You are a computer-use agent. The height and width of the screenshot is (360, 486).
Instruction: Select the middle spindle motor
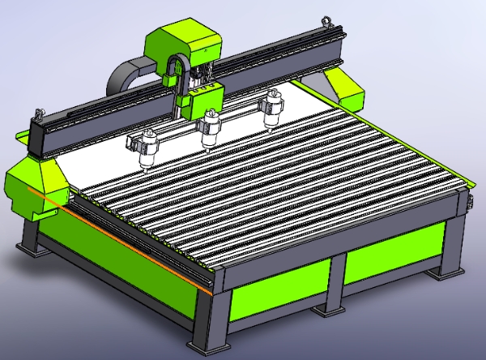[211, 126]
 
